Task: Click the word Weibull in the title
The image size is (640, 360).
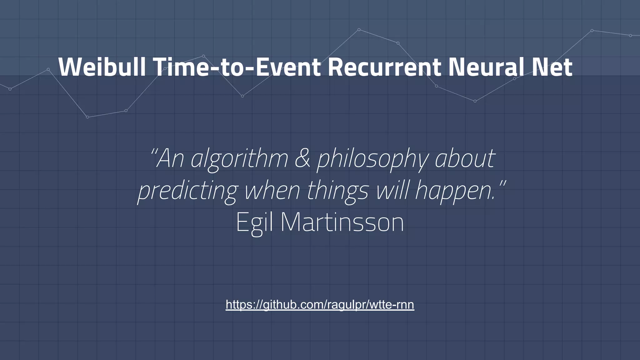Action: pyautogui.click(x=102, y=67)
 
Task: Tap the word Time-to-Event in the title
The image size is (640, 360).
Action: pyautogui.click(x=237, y=67)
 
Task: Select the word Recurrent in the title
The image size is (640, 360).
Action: pyautogui.click(x=384, y=67)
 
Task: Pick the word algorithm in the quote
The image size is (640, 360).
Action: pyautogui.click(x=239, y=159)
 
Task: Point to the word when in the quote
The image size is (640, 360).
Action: pyautogui.click(x=272, y=191)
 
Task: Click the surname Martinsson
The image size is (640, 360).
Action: pyautogui.click(x=342, y=222)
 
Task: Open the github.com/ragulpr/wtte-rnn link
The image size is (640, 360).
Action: pyautogui.click(x=320, y=304)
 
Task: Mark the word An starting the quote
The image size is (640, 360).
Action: pyautogui.click(x=171, y=159)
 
